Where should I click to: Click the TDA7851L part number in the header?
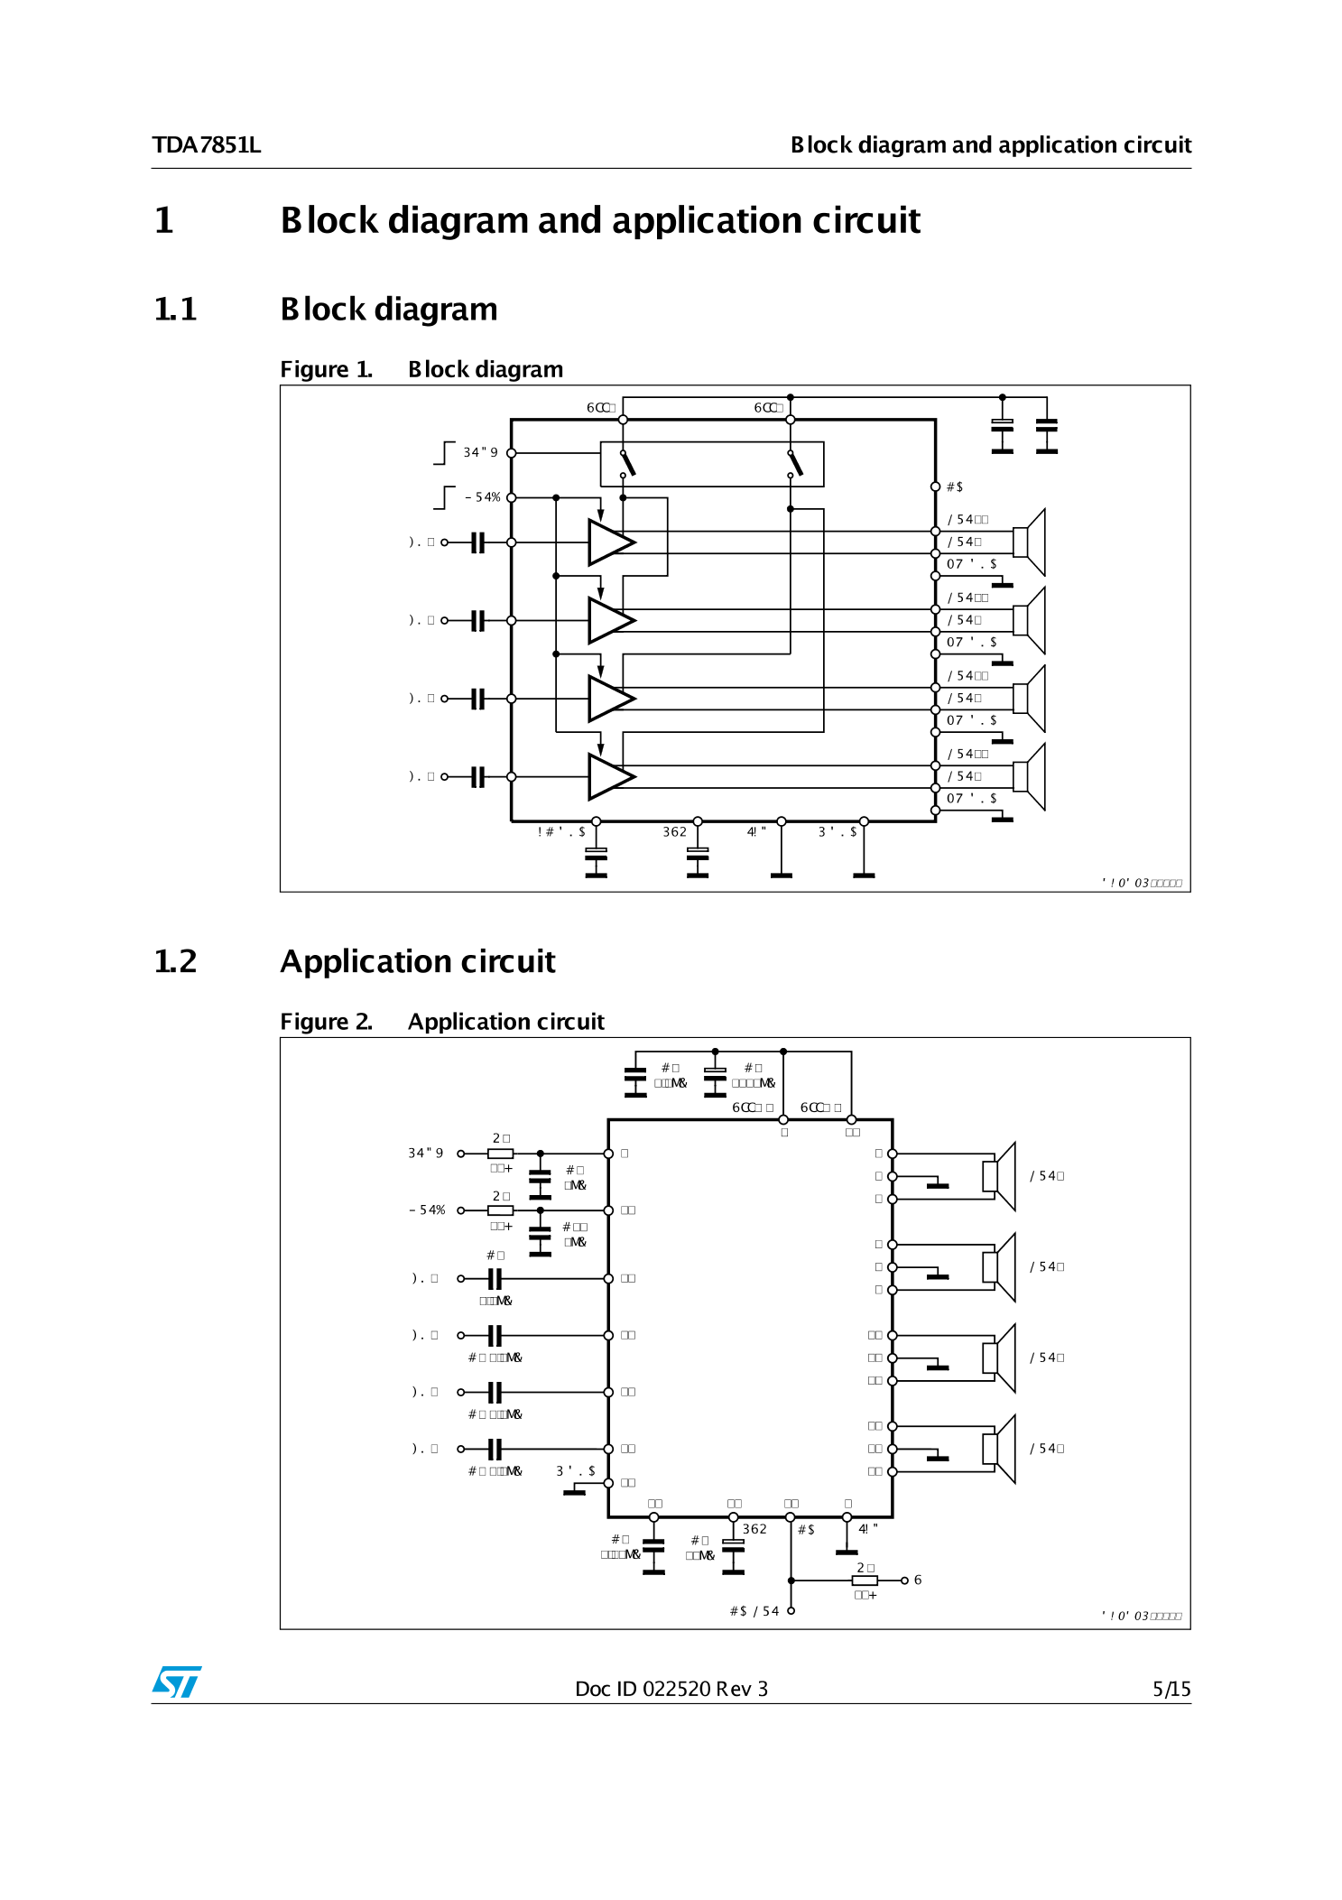(x=207, y=145)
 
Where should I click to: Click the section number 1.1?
(x=175, y=310)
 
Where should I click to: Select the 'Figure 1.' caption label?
(x=326, y=369)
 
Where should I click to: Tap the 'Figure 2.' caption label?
(x=326, y=1022)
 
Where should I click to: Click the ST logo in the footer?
(x=177, y=1682)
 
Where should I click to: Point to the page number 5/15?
(x=1171, y=1689)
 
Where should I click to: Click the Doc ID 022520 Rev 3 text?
(x=671, y=1689)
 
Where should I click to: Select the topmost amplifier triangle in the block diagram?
(x=610, y=542)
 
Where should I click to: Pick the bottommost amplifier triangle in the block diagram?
(x=610, y=776)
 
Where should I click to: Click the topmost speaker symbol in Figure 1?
(x=1030, y=542)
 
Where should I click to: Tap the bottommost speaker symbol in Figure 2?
(x=999, y=1449)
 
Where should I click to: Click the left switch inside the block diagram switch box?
(x=627, y=463)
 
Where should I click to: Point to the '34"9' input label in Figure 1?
(x=480, y=452)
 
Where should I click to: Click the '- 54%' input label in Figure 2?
(x=427, y=1210)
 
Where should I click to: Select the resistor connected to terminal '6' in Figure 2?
(x=865, y=1580)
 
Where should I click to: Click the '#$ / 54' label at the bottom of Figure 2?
(x=754, y=1611)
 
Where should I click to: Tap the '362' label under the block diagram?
(x=674, y=832)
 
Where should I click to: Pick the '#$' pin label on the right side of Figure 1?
(x=954, y=487)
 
